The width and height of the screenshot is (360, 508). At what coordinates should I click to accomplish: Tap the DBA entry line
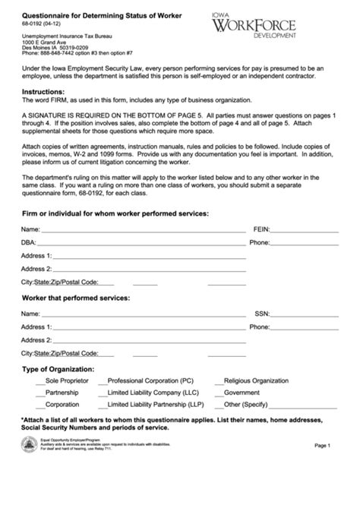click(142, 244)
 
